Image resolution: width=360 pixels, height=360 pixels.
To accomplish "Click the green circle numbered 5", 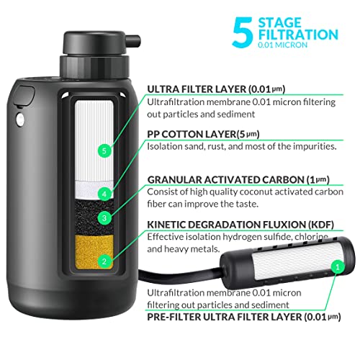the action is click(104, 150).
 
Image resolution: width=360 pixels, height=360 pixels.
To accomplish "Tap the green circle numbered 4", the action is click(104, 194).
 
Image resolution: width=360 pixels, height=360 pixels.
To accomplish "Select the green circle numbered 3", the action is click(104, 218).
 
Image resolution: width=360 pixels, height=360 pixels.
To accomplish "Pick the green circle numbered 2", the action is click(104, 261).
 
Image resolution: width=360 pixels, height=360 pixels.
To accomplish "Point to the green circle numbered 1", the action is click(338, 267).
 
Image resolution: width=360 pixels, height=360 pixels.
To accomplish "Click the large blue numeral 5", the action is click(243, 32).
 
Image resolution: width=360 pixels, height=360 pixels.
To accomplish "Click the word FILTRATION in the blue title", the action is click(298, 35).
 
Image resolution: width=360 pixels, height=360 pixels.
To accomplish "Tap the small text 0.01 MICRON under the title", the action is click(283, 45).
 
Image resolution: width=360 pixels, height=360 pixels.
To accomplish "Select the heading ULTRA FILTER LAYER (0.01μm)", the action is click(216, 89).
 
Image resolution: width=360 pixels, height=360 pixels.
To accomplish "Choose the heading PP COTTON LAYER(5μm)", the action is click(203, 134).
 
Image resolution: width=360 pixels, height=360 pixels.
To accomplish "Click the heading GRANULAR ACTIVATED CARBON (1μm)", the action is click(238, 180).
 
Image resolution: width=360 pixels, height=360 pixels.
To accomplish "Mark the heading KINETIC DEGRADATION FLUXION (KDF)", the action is click(240, 225).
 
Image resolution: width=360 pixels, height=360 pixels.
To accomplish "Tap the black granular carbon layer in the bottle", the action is click(94, 217).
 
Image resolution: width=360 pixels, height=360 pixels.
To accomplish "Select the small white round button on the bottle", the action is click(20, 120).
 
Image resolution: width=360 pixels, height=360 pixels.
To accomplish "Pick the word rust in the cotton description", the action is click(217, 146).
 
